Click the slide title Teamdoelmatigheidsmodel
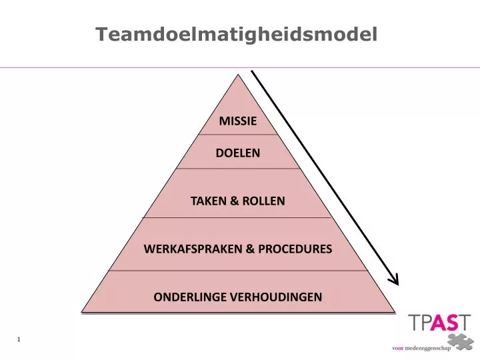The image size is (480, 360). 236,34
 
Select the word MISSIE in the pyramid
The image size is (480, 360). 238,121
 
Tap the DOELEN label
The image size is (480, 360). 238,153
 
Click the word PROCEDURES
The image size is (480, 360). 295,249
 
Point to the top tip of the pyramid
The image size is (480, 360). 238,74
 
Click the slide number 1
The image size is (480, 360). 19,340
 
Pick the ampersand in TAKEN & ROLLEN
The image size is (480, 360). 234,201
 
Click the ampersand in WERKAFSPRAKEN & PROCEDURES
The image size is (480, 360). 249,249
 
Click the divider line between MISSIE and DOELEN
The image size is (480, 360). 238,135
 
